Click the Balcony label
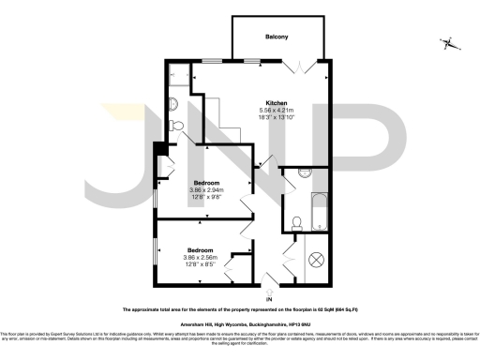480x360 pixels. pos(276,37)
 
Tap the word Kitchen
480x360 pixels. pos(276,102)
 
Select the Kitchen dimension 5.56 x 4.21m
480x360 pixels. pos(276,111)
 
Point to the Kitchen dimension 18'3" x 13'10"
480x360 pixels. pos(276,118)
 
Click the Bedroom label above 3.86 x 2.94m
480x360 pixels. pos(206,182)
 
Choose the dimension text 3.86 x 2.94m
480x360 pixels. pos(206,189)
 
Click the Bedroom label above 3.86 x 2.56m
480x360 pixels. pos(200,250)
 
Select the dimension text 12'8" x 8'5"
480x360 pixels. pos(200,265)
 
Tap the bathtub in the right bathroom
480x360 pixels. pos(316,210)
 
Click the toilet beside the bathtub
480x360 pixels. pos(295,222)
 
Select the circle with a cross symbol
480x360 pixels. pos(316,259)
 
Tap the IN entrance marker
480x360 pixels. pos(269,299)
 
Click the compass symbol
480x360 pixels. pos(451,42)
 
